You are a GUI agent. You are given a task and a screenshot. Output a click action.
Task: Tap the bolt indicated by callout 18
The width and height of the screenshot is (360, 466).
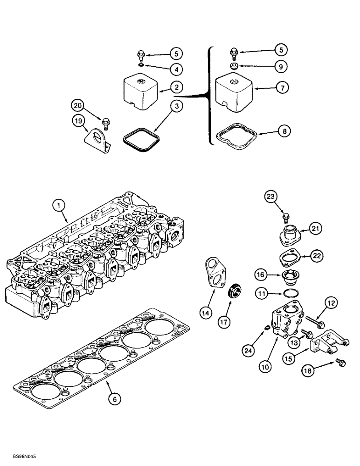click(x=335, y=361)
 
